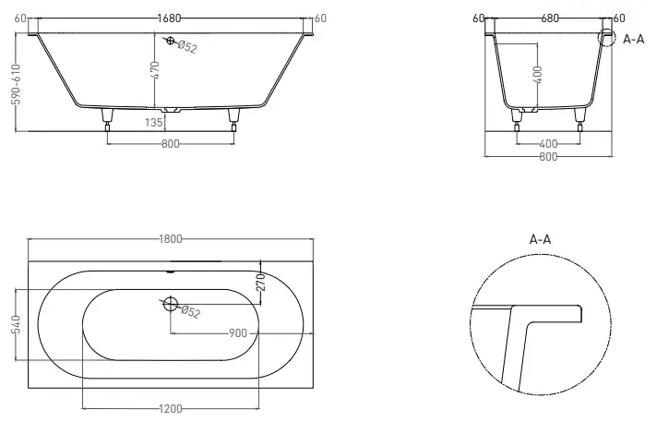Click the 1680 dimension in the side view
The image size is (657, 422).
tap(169, 18)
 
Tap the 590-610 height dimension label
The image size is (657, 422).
tap(16, 84)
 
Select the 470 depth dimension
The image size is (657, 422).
tap(155, 70)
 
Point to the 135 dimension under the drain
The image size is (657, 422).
tap(154, 122)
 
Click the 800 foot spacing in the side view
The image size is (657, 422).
tap(171, 144)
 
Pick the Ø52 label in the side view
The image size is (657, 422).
tap(187, 46)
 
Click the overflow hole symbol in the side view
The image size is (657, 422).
tap(170, 41)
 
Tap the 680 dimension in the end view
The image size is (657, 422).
tap(550, 18)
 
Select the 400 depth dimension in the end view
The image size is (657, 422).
tap(538, 75)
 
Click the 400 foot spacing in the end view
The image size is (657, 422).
tap(548, 144)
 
